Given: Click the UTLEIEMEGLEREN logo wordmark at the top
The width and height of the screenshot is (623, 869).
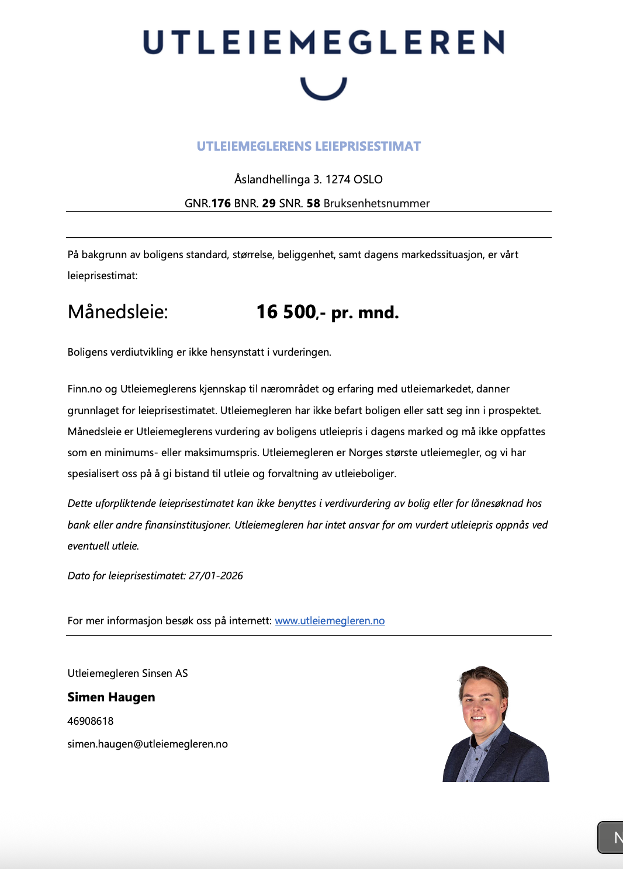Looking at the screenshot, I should coord(323,43).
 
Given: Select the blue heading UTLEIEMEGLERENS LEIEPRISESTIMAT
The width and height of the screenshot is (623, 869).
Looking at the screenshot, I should coord(309,147).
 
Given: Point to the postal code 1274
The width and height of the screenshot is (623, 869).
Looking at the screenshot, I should coord(337,179).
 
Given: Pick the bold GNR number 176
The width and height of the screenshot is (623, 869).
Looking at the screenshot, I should coord(221,203).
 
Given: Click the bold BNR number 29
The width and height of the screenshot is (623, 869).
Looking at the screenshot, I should coord(269,203).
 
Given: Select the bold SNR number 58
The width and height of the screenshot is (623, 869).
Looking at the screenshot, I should coord(313,203).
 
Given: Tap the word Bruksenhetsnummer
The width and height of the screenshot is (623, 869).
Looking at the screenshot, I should coord(376,203).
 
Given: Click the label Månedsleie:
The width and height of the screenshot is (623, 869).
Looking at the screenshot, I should coord(117,312).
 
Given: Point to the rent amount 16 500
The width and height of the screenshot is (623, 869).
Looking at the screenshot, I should coord(286,312).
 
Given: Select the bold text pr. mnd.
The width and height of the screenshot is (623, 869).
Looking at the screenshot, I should coord(365,312).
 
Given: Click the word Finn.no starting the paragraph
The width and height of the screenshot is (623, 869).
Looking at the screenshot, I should coord(85,389).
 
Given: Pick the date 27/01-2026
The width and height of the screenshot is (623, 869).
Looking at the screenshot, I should coord(216,576).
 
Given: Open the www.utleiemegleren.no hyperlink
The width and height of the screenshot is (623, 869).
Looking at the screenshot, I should coord(330,621).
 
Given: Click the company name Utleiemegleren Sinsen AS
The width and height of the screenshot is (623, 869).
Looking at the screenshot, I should coord(127,673).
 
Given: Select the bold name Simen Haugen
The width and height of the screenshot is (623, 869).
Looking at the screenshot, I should coord(111,697).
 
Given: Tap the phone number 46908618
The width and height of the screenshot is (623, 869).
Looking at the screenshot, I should coord(91,721).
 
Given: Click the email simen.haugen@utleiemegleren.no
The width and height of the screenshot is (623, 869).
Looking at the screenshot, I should coord(147,744).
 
